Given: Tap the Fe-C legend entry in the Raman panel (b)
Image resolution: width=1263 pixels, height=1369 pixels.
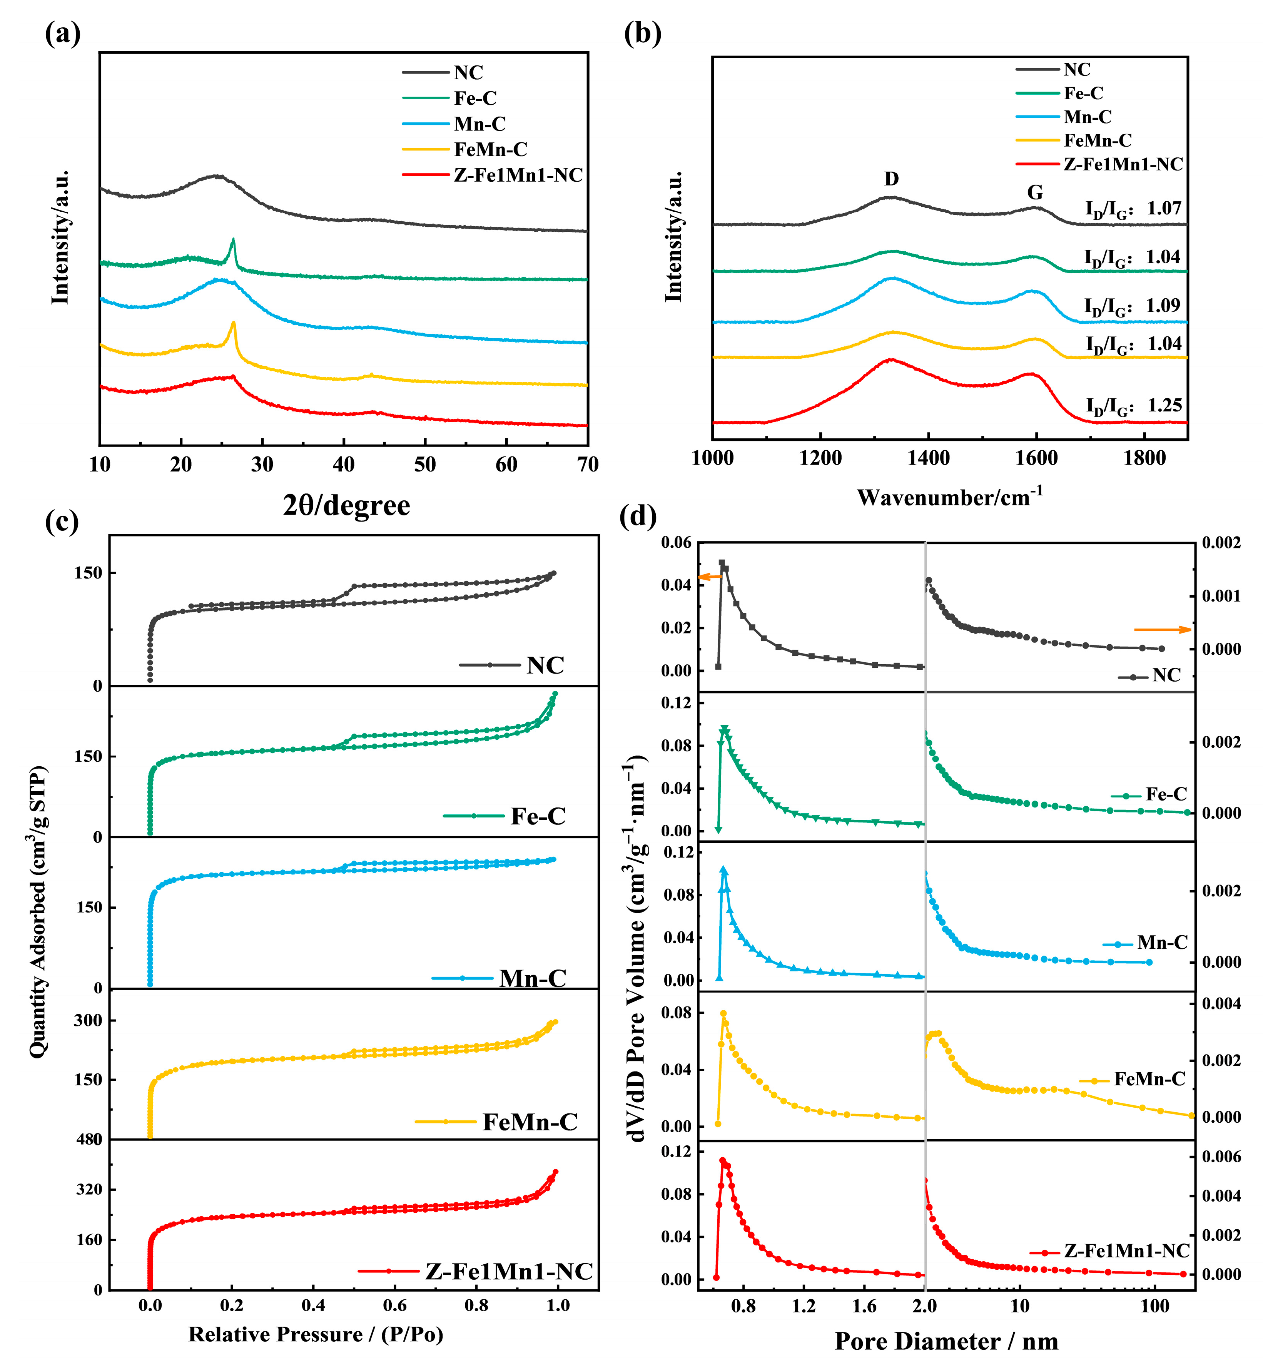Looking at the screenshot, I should pyautogui.click(x=1083, y=94).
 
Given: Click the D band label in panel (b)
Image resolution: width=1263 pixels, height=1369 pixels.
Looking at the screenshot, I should pyautogui.click(x=891, y=179).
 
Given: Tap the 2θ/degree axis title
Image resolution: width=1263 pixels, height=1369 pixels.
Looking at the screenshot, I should pyautogui.click(x=346, y=506).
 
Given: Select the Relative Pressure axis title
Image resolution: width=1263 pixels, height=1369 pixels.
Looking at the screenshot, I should pyautogui.click(x=316, y=1334).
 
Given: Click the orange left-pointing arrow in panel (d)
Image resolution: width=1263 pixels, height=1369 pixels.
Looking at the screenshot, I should pyautogui.click(x=709, y=577).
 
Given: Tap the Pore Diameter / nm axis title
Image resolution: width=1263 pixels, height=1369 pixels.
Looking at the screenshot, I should pyautogui.click(x=947, y=1342).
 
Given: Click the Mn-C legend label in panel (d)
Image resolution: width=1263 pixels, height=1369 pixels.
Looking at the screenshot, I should pyautogui.click(x=1162, y=943).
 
